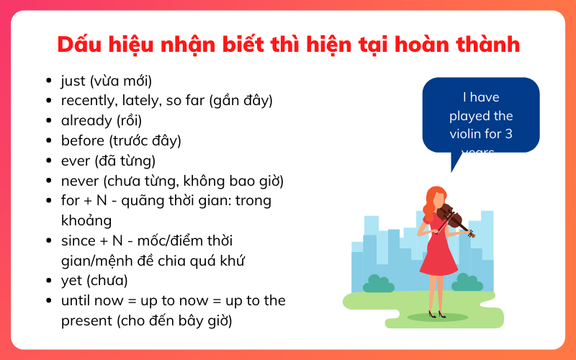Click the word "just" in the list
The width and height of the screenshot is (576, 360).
(73, 81)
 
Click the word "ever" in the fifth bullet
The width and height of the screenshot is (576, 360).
(75, 161)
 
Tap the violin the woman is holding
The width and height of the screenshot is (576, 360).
(454, 218)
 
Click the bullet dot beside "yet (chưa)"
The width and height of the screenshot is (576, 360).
(48, 280)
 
